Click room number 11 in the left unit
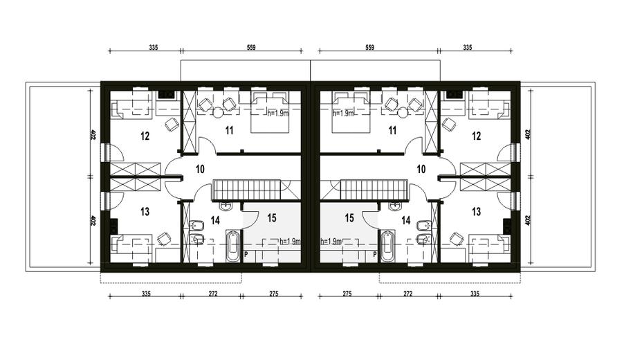229,131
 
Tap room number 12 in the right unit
477,136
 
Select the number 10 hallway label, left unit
200,169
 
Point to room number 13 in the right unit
477,211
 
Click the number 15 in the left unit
272,218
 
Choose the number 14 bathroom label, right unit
406,220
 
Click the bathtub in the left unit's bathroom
233,246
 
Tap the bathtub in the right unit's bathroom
387,246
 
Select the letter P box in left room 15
246,253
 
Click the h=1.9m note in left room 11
278,113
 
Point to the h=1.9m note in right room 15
331,242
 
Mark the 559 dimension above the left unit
251,47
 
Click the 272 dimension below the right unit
408,294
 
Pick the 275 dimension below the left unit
274,294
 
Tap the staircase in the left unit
247,190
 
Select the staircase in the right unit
374,190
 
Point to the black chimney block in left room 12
166,95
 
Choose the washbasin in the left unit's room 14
226,206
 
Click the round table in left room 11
218,112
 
